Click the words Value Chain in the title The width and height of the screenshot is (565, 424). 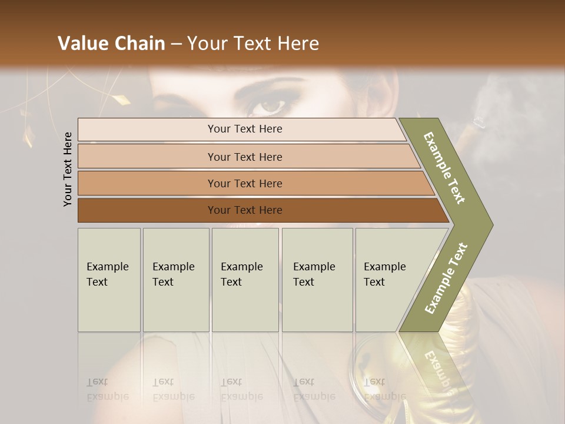click(111, 44)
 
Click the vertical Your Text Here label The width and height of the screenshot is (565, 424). click(68, 169)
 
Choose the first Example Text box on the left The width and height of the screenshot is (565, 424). click(109, 280)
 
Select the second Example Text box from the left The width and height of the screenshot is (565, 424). click(176, 280)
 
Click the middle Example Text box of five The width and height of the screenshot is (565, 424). click(245, 280)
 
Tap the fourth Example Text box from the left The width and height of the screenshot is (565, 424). click(317, 280)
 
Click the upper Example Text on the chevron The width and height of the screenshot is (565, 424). click(444, 168)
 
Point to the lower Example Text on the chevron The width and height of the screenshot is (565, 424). click(446, 278)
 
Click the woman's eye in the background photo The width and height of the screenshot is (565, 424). click(271, 107)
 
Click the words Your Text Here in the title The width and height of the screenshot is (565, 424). click(253, 44)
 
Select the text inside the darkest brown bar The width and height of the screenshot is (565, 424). click(245, 210)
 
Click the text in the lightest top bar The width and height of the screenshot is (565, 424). click(245, 129)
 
